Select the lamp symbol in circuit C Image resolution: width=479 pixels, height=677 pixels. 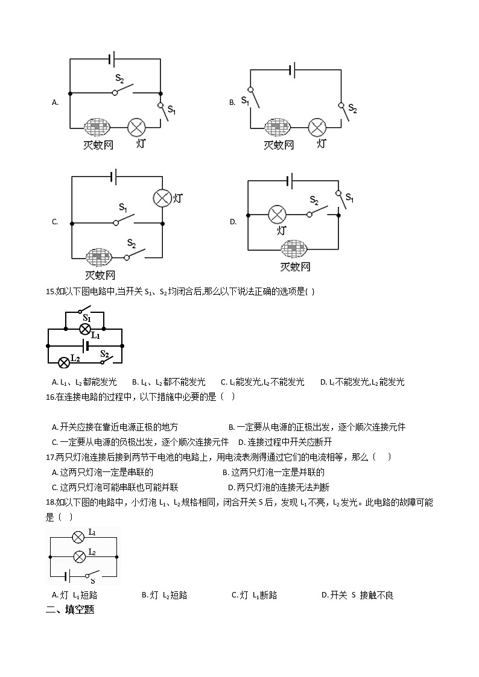click(162, 198)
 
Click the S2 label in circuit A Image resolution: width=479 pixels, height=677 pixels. click(119, 79)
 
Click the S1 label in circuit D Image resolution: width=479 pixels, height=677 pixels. click(349, 199)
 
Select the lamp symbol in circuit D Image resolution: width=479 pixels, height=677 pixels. click(277, 214)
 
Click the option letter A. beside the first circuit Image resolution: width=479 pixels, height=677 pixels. click(55, 102)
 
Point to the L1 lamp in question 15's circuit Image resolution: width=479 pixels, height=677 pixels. click(85, 329)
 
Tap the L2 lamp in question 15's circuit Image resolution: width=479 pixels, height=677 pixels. click(63, 362)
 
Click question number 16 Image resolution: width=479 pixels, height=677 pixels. click(50, 397)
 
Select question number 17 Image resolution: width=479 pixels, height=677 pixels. click(50, 457)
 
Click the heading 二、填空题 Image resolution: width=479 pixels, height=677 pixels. click(70, 609)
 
